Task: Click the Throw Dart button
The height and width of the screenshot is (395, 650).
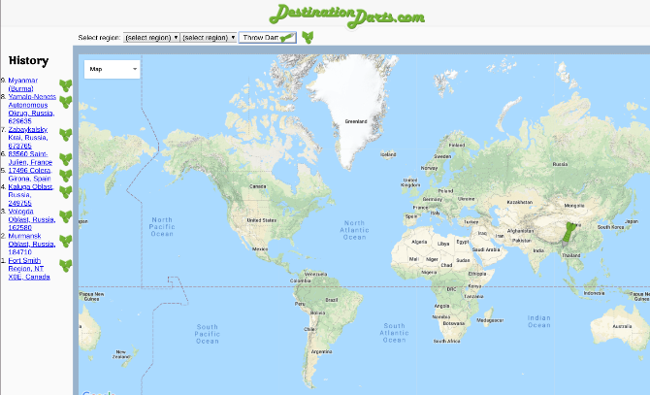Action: coord(267,37)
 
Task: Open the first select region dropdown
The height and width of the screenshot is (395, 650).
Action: coord(151,37)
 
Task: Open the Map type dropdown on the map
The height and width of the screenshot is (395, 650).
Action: coord(113,69)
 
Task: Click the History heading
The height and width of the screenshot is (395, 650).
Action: coord(28,60)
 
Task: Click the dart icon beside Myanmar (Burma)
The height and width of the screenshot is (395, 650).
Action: coord(66,84)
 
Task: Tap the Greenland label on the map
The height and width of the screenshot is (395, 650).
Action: coord(356,122)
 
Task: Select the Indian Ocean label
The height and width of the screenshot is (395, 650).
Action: coord(538,321)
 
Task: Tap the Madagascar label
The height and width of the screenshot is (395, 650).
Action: coord(490,320)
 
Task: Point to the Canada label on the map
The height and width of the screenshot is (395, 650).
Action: coord(258,185)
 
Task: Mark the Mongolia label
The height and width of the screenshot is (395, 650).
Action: coord(575,205)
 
